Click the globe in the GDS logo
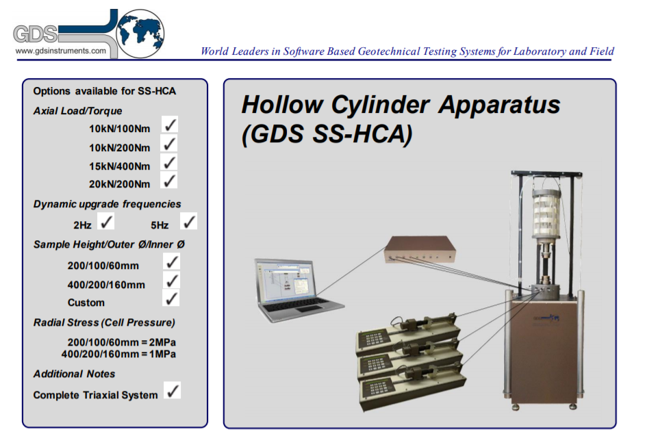(140, 34)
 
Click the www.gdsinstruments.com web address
(60, 51)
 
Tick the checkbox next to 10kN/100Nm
(170, 124)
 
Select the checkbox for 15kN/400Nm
(169, 162)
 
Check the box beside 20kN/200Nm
(169, 180)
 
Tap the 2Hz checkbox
(106, 222)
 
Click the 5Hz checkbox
(189, 221)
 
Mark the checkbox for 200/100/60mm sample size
(172, 261)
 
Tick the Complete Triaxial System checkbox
(173, 390)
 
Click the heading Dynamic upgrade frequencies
(107, 204)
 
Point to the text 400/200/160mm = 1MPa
(118, 354)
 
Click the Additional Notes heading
(74, 374)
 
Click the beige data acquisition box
(420, 250)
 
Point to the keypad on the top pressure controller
(373, 339)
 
